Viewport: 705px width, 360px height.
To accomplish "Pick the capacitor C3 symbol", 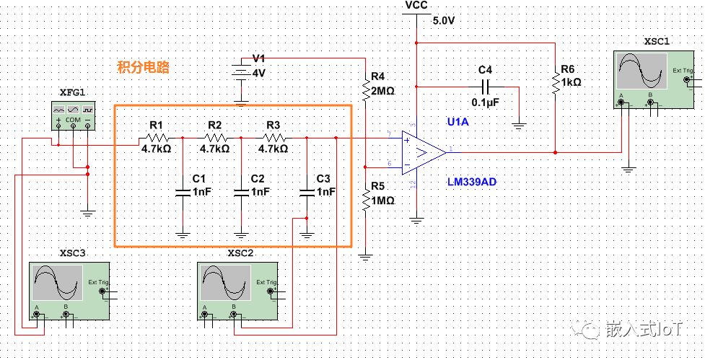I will click(x=307, y=191).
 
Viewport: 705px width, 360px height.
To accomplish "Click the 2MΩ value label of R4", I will click(x=382, y=91).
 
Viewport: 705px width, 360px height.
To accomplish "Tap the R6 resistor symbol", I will click(x=555, y=82).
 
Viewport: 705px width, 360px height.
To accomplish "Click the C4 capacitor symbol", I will click(x=485, y=87).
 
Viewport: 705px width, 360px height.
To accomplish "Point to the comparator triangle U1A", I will click(x=424, y=152).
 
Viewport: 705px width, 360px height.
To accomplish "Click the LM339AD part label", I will click(x=471, y=182).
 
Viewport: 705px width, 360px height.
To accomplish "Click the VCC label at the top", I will click(x=416, y=5).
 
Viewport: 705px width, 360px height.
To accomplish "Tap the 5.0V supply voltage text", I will click(x=444, y=21).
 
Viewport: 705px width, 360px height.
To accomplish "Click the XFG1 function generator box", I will click(x=73, y=115).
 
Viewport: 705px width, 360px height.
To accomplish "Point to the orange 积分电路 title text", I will click(x=143, y=68).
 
